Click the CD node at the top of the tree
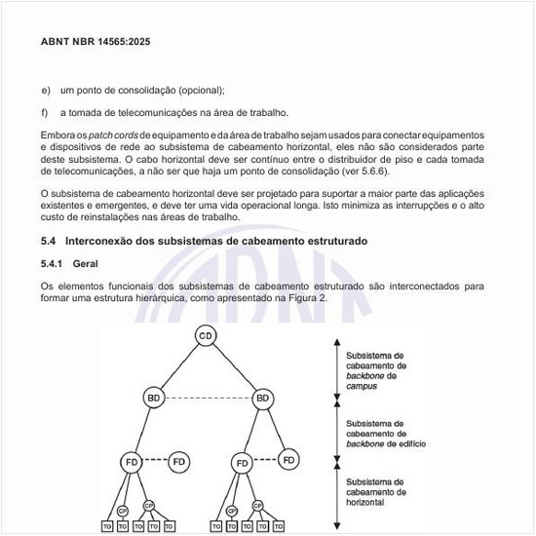pos(206,336)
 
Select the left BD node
pos(153,398)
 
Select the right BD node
pos(262,398)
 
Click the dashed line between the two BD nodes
pos(208,398)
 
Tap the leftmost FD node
pos(133,460)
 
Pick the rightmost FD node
pos(288,458)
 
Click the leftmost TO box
pos(106,526)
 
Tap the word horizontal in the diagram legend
pos(364,502)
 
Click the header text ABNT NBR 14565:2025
pos(96,43)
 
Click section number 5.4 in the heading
pos(49,241)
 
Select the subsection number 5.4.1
pos(52,263)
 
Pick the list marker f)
pos(45,113)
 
